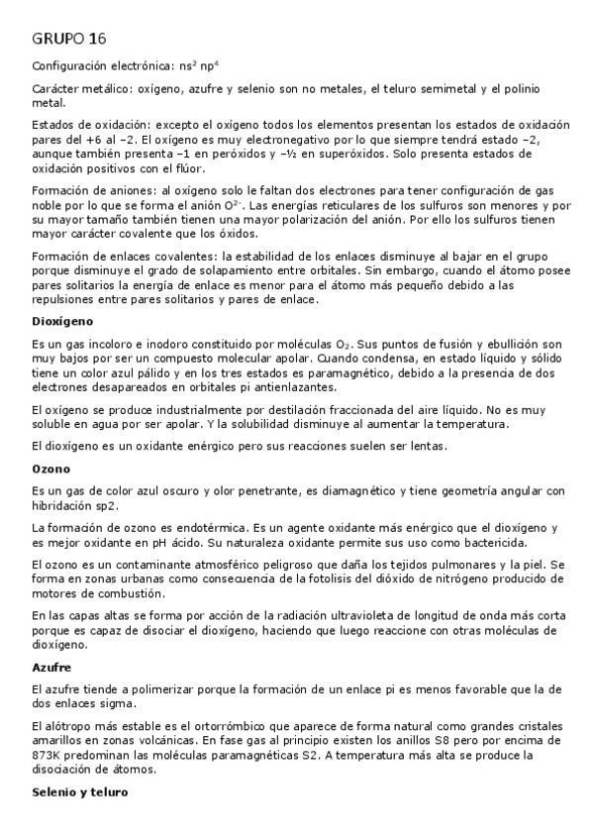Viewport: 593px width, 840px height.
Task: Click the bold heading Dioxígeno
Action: click(x=62, y=321)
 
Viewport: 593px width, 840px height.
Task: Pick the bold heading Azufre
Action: click(x=52, y=668)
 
